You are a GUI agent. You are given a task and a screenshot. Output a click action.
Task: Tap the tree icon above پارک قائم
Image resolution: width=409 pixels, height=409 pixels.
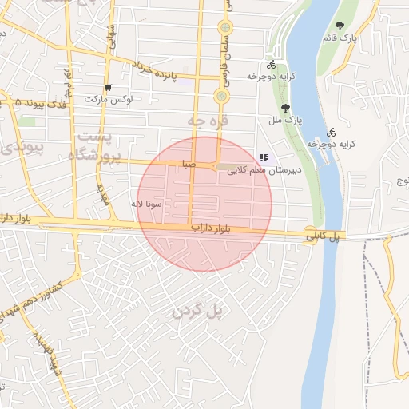coord(341,26)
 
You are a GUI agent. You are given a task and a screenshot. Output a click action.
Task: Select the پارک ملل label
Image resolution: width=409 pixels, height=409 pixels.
coord(295,120)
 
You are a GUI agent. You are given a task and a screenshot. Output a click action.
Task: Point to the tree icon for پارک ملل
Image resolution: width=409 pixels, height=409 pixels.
coord(285,108)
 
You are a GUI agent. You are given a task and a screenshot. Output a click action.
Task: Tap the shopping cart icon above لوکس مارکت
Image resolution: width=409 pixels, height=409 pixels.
coord(108,87)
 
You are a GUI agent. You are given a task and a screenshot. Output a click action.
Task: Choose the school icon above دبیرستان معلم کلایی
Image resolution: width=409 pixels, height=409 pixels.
coord(264,157)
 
